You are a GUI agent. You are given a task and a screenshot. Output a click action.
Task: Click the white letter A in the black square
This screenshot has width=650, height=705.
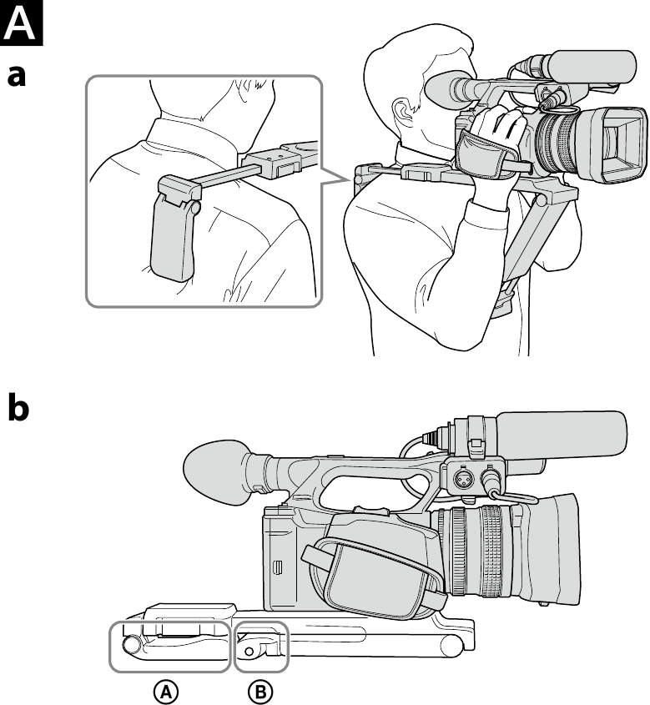coord(21,23)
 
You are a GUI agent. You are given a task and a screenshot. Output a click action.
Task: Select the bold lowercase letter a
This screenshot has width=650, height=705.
coord(17,76)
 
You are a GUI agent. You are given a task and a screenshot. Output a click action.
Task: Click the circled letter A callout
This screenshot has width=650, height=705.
coord(166,692)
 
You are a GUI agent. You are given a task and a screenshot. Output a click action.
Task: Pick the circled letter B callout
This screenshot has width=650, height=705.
coord(260,692)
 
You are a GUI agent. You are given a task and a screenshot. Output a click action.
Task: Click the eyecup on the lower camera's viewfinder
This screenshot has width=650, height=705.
coord(216,472)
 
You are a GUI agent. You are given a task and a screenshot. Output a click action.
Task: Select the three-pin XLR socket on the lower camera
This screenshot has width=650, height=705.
coord(461,480)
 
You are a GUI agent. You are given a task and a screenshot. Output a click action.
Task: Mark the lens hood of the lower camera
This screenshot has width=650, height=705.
coord(544,550)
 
